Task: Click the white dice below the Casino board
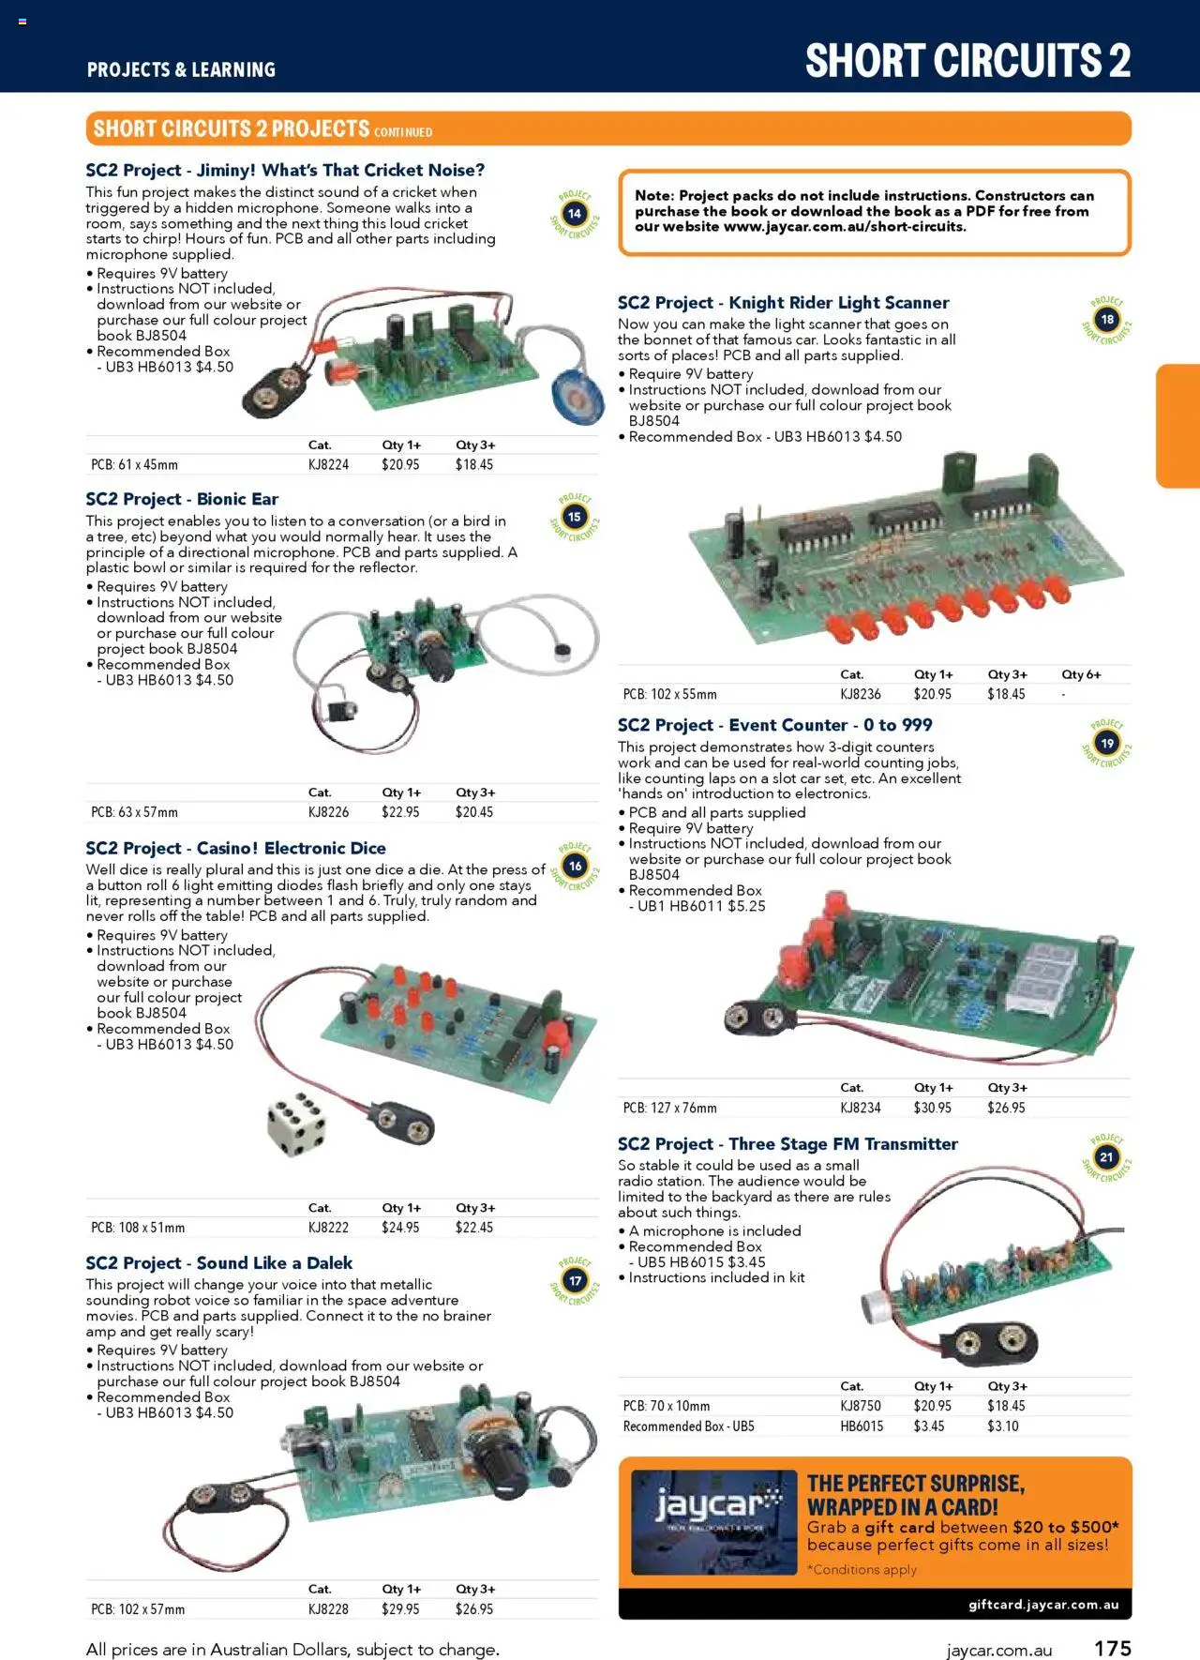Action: (x=296, y=1123)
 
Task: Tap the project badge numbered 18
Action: (x=1107, y=320)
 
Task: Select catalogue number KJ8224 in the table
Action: (x=328, y=464)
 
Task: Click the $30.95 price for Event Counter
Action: (x=932, y=1108)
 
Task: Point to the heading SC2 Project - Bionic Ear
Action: (x=182, y=499)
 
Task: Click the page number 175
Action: (x=1113, y=1648)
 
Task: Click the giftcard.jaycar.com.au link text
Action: (x=1042, y=1604)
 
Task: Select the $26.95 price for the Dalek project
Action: (x=473, y=1608)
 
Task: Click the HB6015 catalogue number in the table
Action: (x=861, y=1426)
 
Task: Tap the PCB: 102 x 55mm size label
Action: (x=669, y=694)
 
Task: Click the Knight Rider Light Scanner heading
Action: (x=783, y=303)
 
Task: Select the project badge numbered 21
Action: (x=1106, y=1157)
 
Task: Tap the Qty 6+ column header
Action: (x=1081, y=674)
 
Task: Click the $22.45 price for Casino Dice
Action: (x=473, y=1227)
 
